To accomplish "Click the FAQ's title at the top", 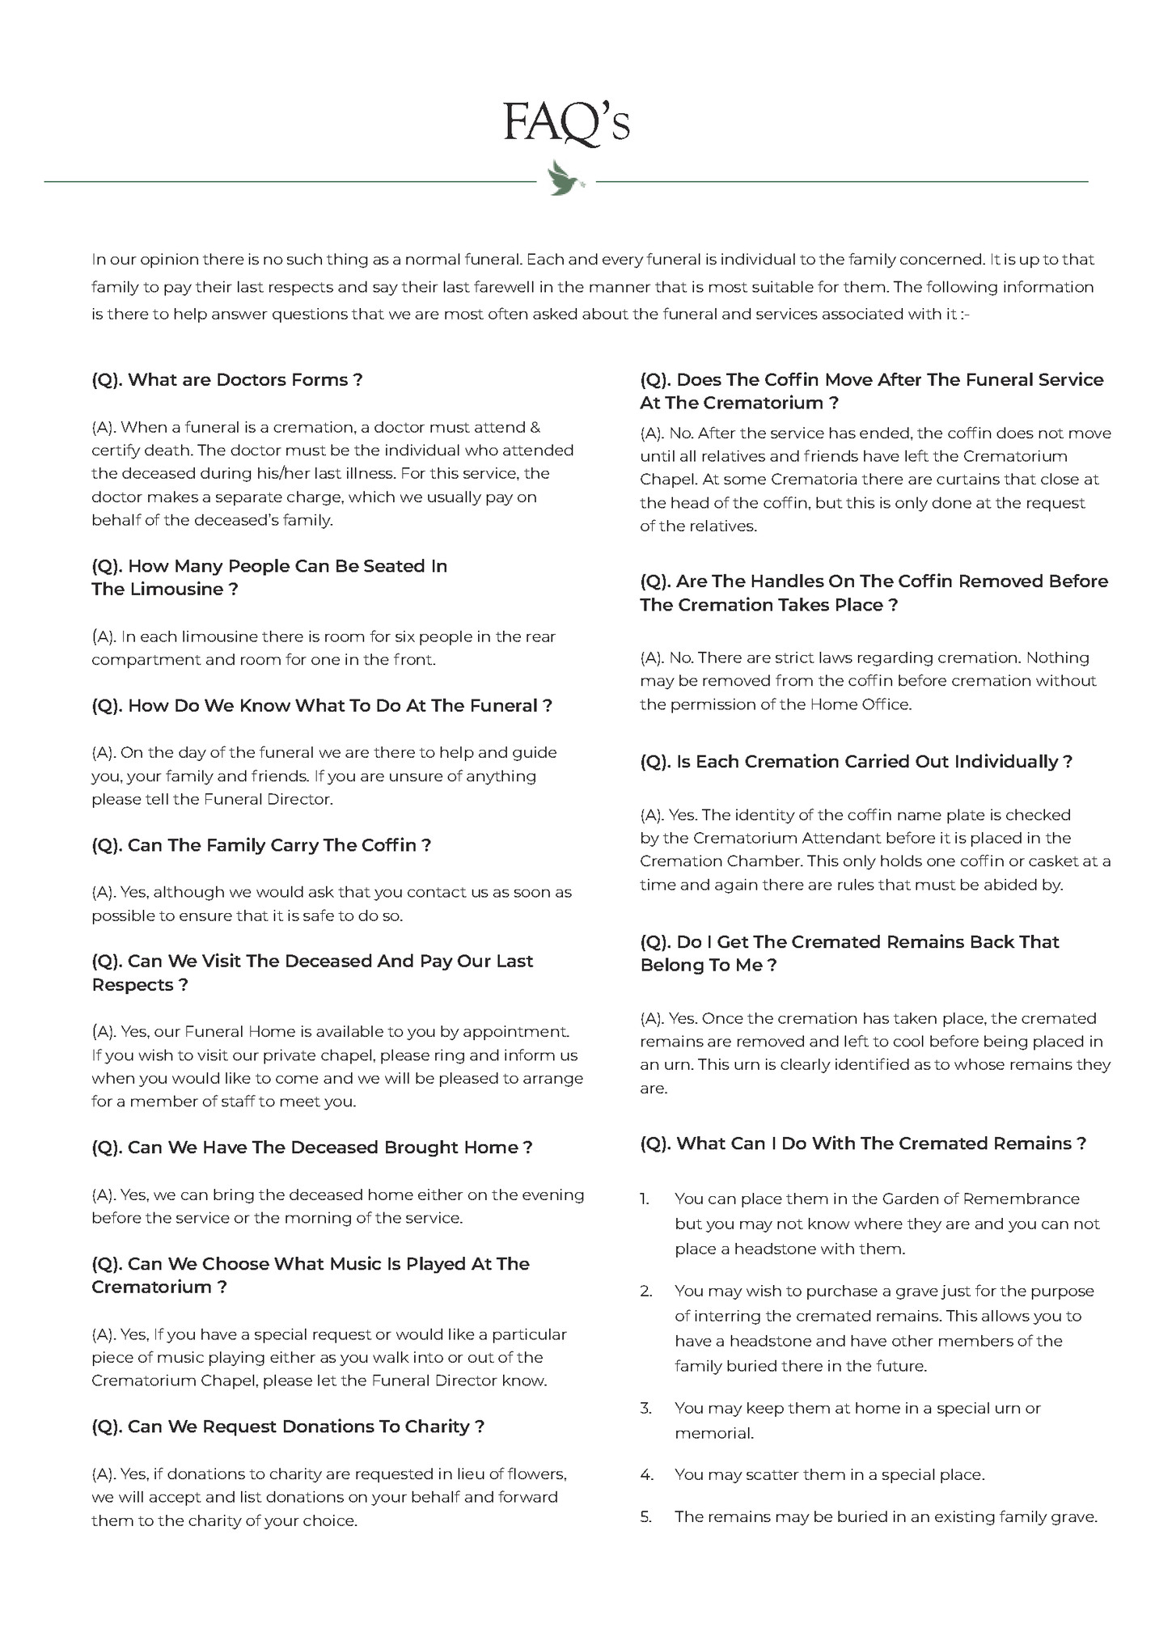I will pyautogui.click(x=565, y=123).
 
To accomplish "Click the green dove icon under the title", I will pyautogui.click(x=565, y=178).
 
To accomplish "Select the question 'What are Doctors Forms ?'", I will pyautogui.click(x=226, y=379).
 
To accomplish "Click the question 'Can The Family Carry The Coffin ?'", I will pyautogui.click(x=260, y=845).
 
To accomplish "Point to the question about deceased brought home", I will pyautogui.click(x=311, y=1147).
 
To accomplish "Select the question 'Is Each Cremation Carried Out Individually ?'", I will pyautogui.click(x=856, y=762).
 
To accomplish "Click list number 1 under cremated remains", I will pyautogui.click(x=645, y=1199).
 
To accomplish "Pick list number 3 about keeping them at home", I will pyautogui.click(x=645, y=1408).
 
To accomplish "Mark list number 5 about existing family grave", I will pyautogui.click(x=645, y=1516).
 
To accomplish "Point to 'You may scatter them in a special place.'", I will pyautogui.click(x=829, y=1474).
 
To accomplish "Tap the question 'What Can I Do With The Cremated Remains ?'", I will pyautogui.click(x=862, y=1144).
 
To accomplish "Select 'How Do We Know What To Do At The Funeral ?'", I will pyautogui.click(x=321, y=705).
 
